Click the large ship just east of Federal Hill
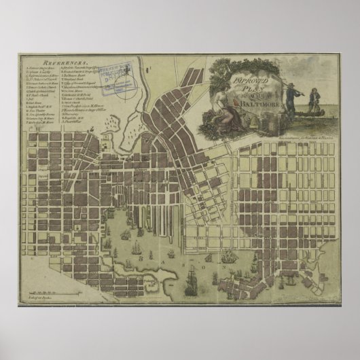(x=192, y=283)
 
